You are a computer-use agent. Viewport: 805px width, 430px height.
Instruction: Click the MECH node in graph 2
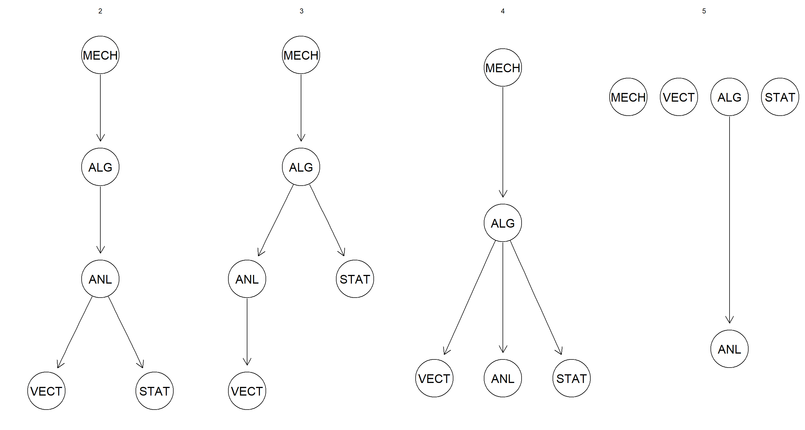(100, 55)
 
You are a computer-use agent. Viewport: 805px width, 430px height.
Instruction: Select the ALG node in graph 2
(100, 167)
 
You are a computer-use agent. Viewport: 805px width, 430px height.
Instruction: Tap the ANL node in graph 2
(100, 279)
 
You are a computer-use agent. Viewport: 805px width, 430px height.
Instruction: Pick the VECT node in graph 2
(46, 391)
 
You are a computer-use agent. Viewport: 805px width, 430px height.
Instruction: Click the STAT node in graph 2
(154, 391)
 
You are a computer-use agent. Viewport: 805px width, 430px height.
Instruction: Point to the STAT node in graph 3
(355, 279)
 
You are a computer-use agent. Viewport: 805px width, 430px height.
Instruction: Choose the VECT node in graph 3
(247, 391)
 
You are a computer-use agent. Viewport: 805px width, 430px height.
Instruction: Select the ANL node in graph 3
(247, 279)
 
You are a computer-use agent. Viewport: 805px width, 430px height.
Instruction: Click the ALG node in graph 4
(503, 223)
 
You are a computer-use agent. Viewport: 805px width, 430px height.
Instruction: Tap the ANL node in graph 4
(503, 378)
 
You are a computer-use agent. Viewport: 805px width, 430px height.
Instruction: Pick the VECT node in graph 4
(434, 378)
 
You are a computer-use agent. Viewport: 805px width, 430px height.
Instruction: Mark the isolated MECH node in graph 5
(628, 97)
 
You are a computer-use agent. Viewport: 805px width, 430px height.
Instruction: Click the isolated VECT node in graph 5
(679, 97)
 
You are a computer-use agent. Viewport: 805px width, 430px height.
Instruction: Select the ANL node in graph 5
(729, 349)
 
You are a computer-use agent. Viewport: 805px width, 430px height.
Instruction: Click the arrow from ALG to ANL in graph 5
(729, 219)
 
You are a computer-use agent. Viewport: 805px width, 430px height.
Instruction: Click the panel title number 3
(301, 11)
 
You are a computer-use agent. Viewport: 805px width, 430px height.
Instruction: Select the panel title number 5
(704, 11)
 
